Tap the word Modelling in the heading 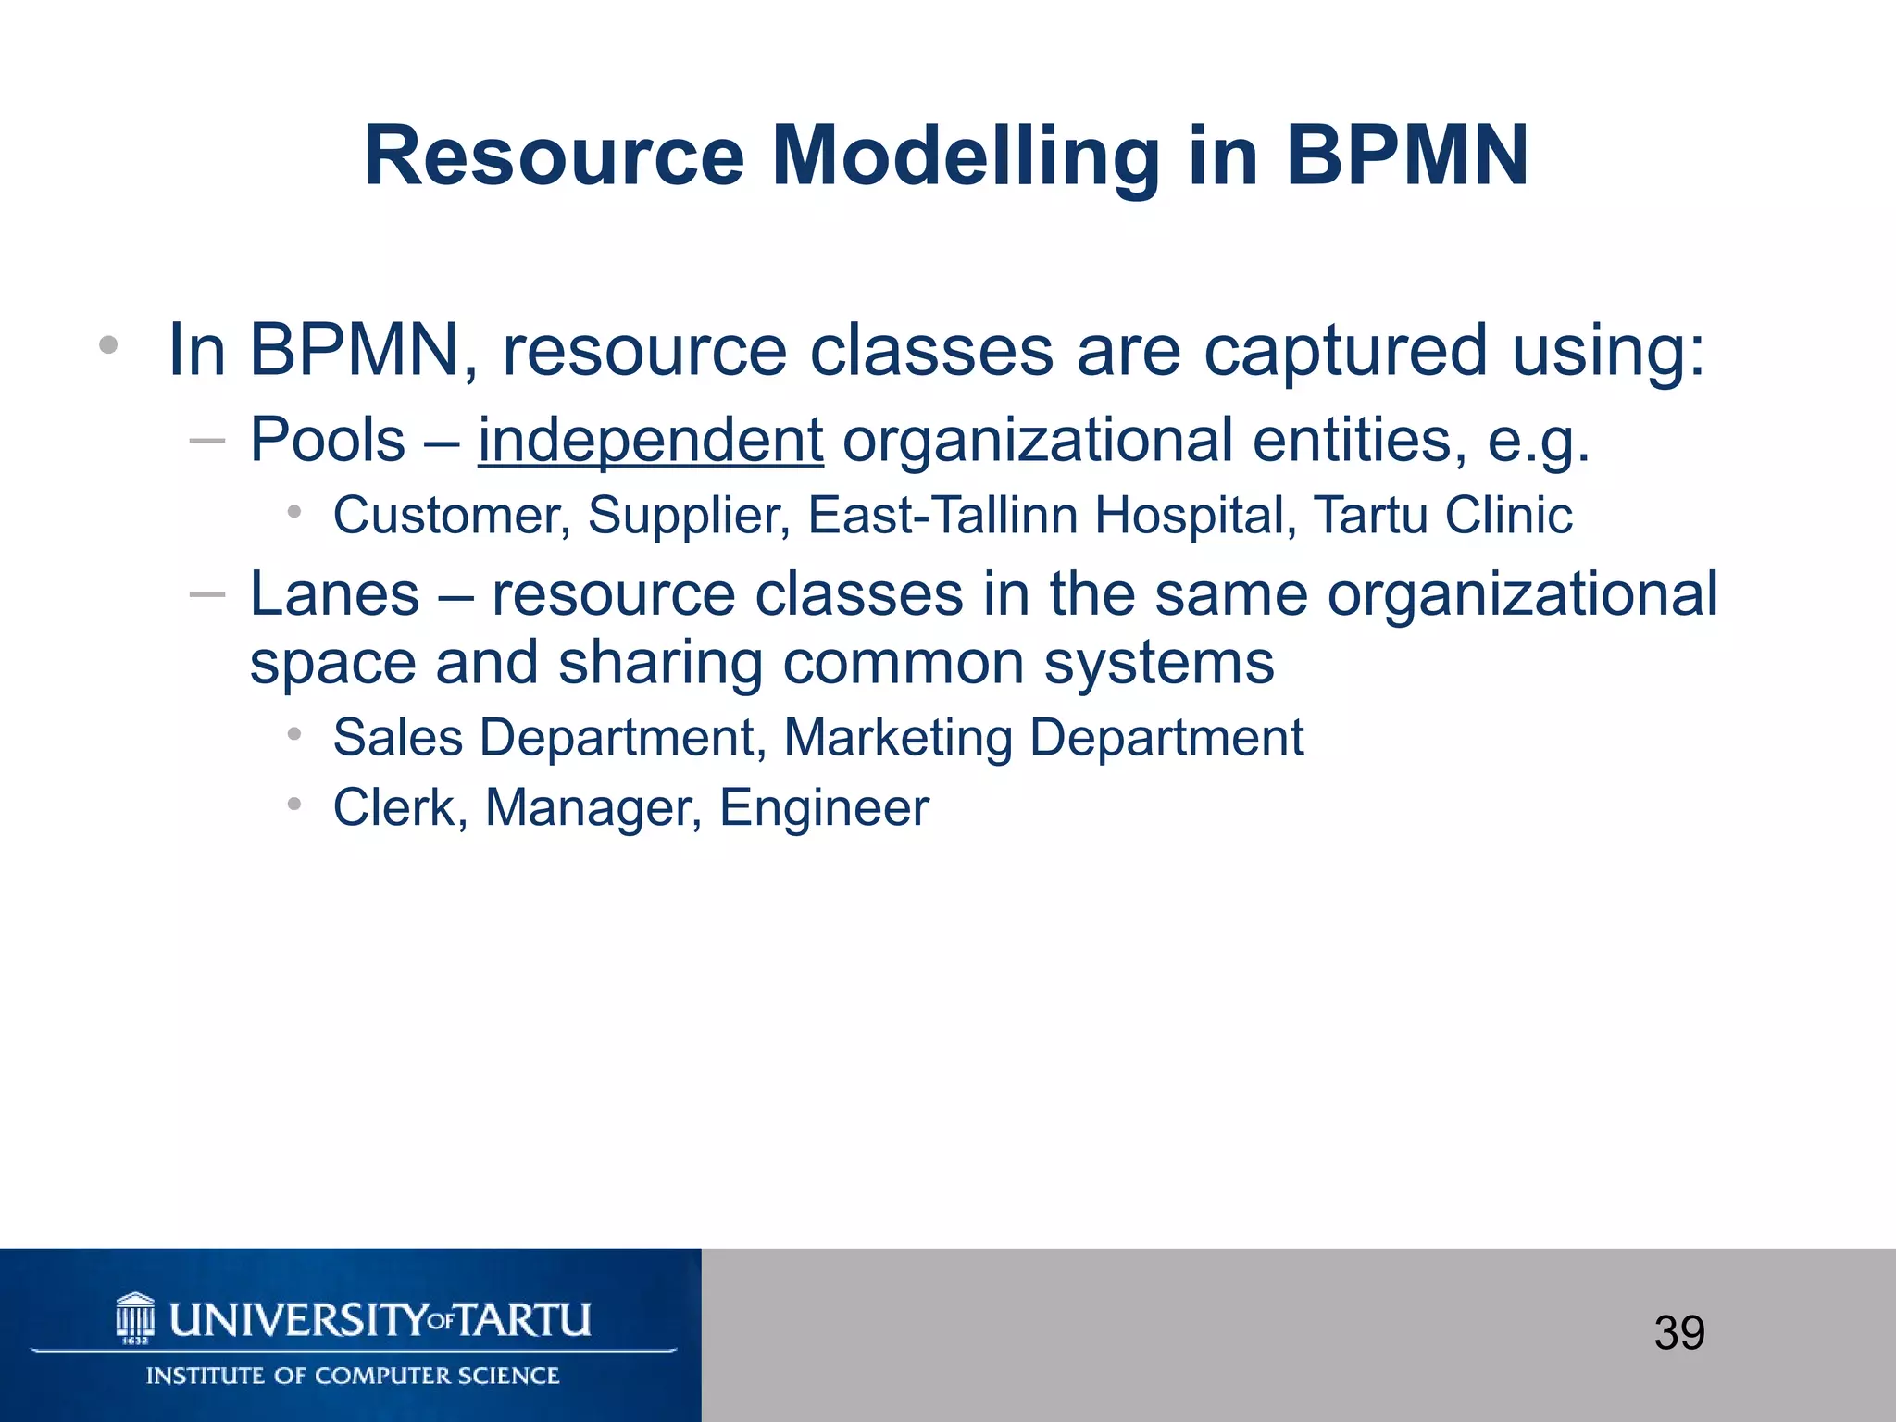(965, 157)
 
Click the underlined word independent (650, 440)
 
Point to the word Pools (328, 440)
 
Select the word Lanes (334, 593)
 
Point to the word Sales (398, 739)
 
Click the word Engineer (824, 808)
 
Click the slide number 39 (1678, 1333)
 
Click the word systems (1159, 663)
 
